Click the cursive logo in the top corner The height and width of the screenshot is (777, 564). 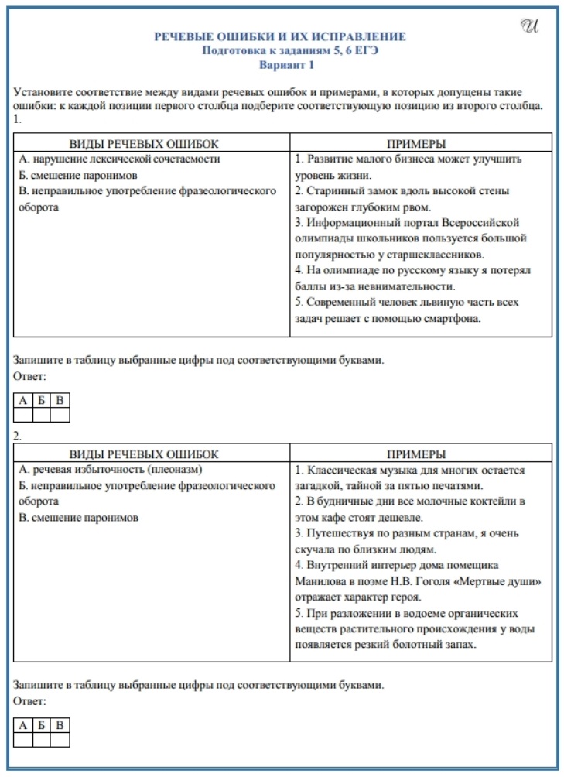click(529, 26)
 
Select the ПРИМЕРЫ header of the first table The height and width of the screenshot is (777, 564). click(421, 144)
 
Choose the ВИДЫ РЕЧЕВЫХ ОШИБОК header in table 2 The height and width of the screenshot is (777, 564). click(145, 454)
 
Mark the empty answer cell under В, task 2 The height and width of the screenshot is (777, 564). click(60, 740)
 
